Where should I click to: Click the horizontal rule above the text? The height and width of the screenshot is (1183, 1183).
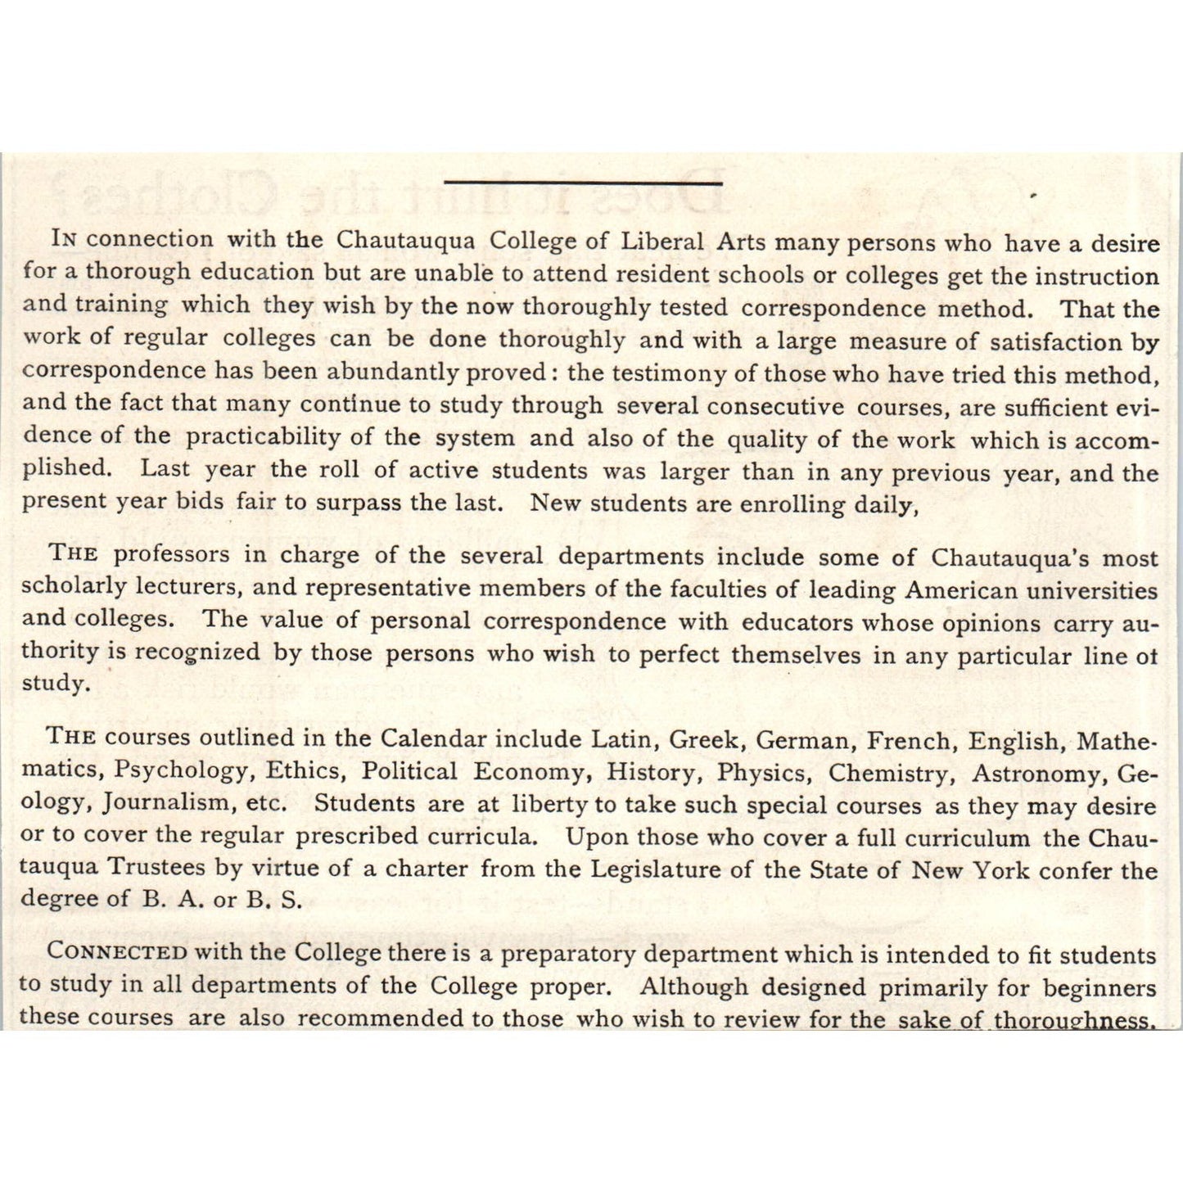[583, 182]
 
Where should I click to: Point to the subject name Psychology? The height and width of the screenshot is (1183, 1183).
[180, 770]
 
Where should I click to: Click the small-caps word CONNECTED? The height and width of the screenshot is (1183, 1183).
[117, 952]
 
